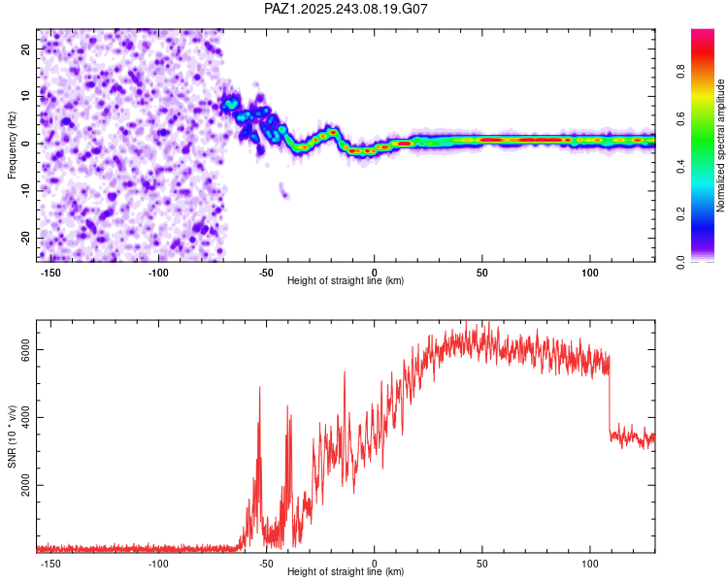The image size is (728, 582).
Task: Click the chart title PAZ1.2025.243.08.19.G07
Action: coord(346,9)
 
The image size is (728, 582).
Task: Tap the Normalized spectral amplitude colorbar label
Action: coord(720,145)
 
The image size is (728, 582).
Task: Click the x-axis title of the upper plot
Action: coord(346,281)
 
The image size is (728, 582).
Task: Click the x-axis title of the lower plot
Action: coord(346,572)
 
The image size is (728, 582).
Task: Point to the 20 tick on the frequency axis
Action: coord(26,48)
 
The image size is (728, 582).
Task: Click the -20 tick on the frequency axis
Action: coord(24,238)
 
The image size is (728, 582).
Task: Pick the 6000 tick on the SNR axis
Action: coord(25,349)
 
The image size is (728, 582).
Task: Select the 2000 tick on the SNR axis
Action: coord(25,485)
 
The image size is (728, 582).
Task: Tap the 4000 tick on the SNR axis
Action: coord(25,417)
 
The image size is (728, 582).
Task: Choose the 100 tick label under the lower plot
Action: coord(590,563)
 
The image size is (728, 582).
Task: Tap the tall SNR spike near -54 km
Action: coord(259,389)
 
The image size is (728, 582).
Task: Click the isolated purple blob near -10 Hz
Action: coord(283,191)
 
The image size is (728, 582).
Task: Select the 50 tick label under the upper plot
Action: coord(482,272)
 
